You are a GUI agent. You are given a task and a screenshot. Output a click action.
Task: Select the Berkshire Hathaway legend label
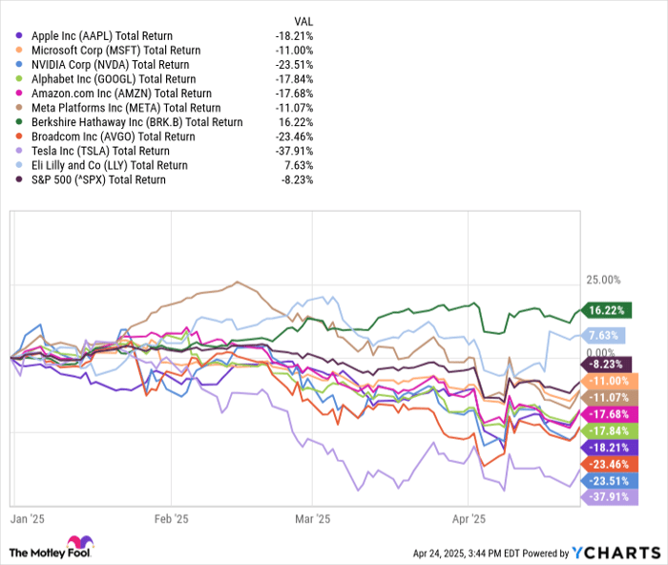136,122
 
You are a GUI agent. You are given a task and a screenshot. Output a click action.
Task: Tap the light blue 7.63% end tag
605,335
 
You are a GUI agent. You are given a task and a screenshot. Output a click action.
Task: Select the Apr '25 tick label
469,519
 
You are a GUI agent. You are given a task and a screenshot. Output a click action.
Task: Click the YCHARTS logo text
616,553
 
